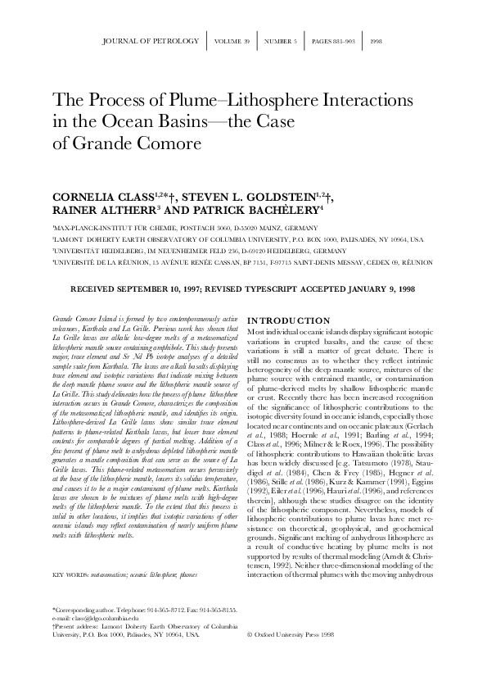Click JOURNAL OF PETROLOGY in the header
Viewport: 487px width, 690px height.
click(x=153, y=40)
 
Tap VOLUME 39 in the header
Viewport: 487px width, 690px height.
click(x=233, y=40)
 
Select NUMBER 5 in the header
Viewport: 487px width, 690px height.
click(x=281, y=40)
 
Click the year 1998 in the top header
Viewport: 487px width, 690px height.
click(x=376, y=40)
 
